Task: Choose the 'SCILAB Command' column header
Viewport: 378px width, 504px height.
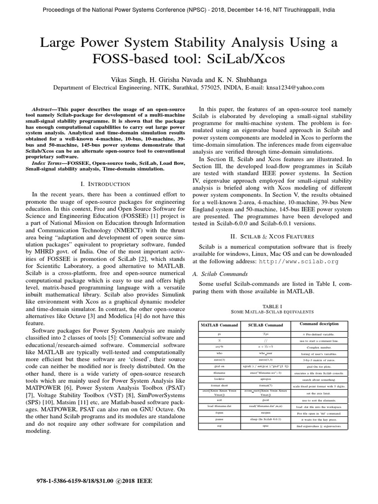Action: (x=265, y=325)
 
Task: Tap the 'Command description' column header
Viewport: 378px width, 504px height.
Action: (x=319, y=324)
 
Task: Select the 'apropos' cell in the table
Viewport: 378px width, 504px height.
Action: (x=265, y=379)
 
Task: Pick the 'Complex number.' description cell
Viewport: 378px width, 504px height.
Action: (x=319, y=347)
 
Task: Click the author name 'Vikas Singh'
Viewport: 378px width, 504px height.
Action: (x=131, y=79)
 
